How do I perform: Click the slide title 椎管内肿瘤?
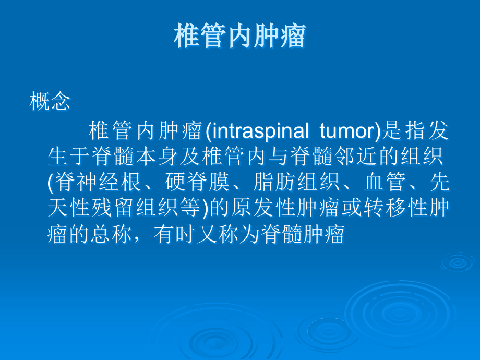240,35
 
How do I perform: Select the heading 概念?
50,101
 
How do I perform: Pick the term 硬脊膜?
197,182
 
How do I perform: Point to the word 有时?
175,234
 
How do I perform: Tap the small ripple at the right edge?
458,262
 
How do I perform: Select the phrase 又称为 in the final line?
229,234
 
